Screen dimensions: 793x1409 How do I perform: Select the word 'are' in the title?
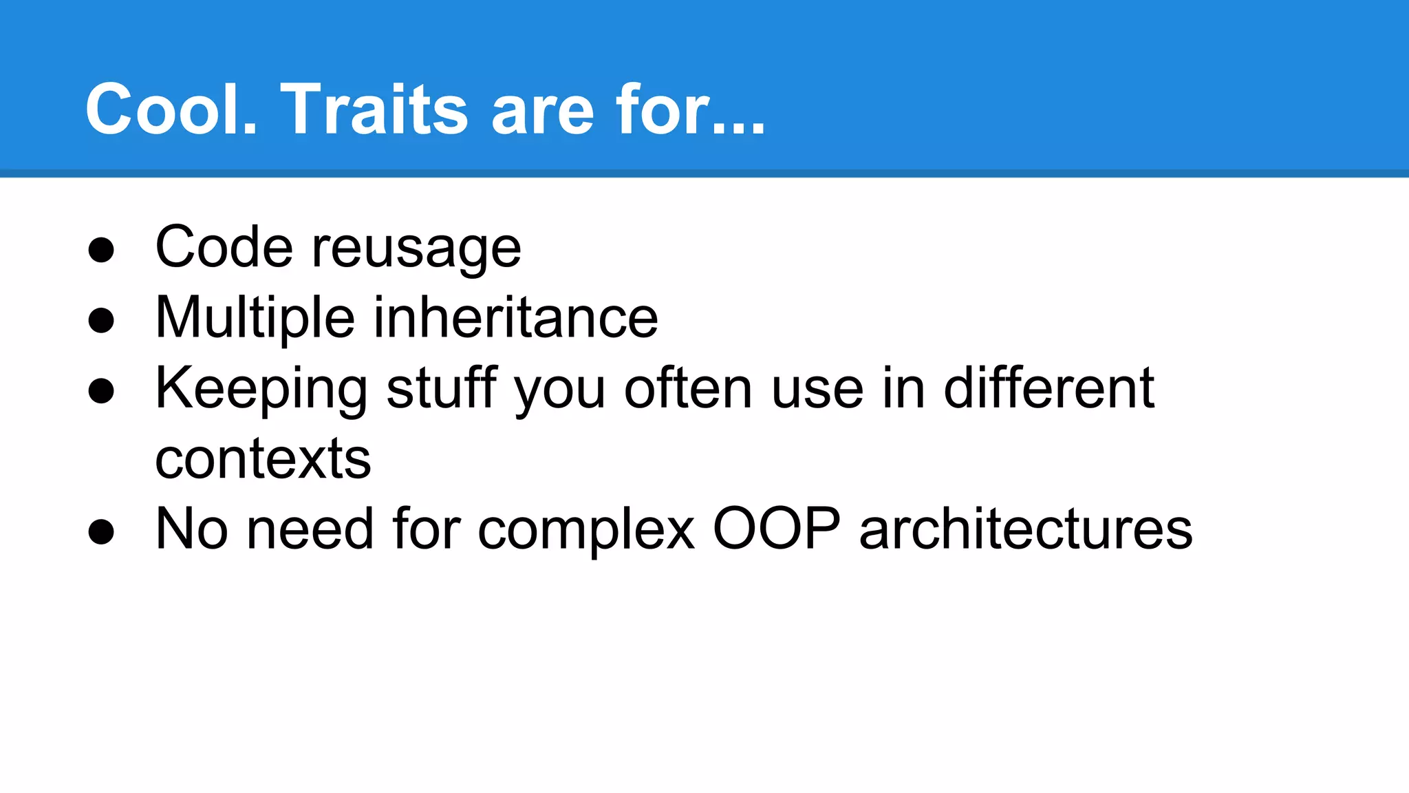click(542, 112)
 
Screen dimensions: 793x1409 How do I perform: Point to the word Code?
click(224, 248)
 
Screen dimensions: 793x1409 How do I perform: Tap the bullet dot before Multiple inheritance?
click(101, 321)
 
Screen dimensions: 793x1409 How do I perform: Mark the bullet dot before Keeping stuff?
click(101, 391)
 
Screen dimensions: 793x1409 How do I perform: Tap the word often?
click(688, 388)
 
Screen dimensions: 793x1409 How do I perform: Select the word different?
click(1048, 388)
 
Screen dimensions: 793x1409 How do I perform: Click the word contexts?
click(263, 460)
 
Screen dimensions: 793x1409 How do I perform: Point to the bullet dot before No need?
click(101, 531)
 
